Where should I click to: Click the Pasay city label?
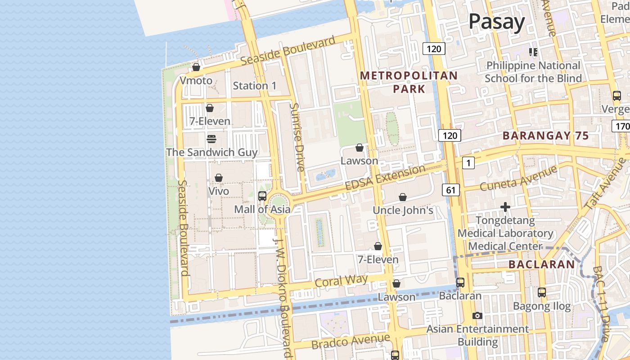tap(497, 22)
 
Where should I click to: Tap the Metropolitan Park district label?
tap(409, 82)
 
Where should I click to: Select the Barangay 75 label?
tap(545, 135)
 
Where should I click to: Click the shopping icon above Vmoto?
tap(196, 67)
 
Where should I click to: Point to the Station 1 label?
tap(254, 85)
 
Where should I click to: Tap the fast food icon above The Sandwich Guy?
tap(211, 139)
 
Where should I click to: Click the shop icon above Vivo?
tap(219, 178)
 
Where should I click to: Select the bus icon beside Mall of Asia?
tap(262, 196)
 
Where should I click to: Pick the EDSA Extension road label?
tap(385, 178)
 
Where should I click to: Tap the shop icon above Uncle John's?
tap(403, 197)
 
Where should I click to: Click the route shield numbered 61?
tap(451, 190)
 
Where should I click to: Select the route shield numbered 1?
tap(468, 163)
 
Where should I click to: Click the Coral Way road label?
tap(341, 281)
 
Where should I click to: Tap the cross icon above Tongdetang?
tap(505, 207)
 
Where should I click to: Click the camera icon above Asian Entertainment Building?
tap(477, 315)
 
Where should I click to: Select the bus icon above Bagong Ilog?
tap(542, 292)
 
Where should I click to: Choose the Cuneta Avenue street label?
tap(518, 179)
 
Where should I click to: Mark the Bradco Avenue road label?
tap(351, 341)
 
